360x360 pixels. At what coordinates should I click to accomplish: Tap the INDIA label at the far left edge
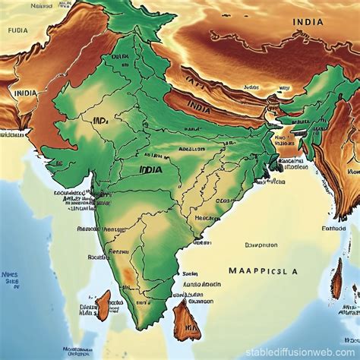[x=25, y=93]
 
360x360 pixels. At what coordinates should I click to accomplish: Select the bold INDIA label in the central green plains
[x=151, y=171]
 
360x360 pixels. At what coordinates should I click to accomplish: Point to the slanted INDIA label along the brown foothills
[x=198, y=107]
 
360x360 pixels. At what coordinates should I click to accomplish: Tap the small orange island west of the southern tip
[x=103, y=303]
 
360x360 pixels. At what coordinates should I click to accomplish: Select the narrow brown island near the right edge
[x=336, y=283]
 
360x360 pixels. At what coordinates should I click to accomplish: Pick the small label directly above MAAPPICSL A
[x=261, y=245]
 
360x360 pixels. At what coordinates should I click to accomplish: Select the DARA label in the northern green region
[x=119, y=56]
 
